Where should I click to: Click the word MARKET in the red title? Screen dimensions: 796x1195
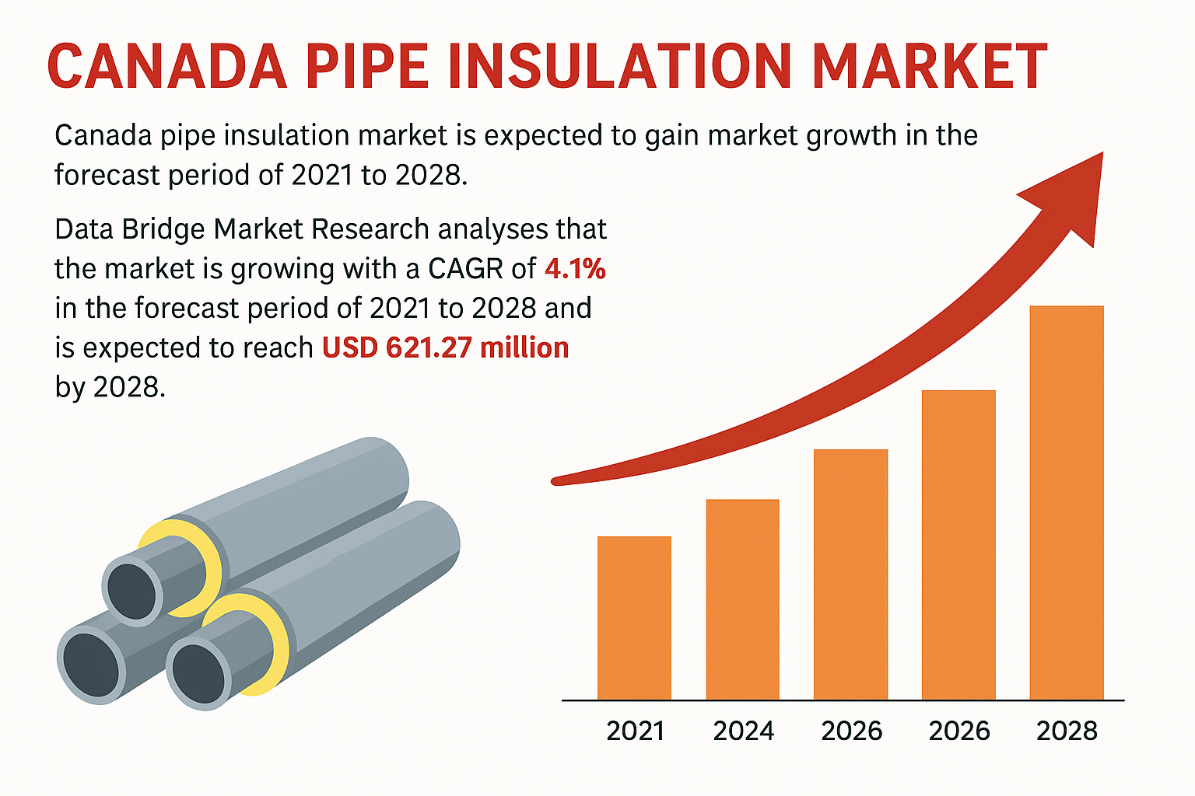929,67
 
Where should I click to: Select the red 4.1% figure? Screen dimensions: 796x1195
575,269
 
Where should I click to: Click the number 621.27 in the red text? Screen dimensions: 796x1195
429,347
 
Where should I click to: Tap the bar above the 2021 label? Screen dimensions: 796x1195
634,618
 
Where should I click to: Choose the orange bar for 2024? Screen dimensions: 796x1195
742,599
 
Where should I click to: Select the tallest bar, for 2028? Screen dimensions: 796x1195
1066,503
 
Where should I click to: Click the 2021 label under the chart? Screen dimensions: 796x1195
635,731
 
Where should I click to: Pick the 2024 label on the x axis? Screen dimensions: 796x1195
743,731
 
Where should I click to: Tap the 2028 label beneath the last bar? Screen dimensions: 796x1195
1067,731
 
